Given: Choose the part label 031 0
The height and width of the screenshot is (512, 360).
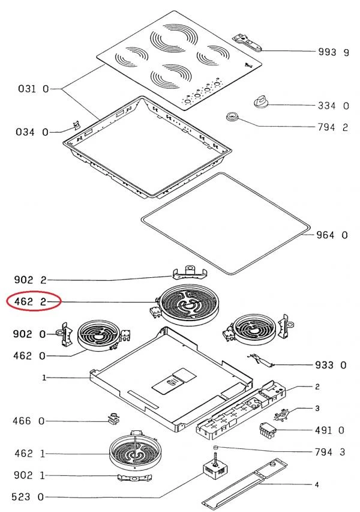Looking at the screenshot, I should pyautogui.click(x=34, y=89).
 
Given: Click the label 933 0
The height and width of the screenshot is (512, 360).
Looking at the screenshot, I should pyautogui.click(x=331, y=365).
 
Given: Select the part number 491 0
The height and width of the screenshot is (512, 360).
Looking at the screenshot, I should pyautogui.click(x=329, y=430).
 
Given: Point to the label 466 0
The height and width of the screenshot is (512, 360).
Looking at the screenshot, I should pyautogui.click(x=29, y=421).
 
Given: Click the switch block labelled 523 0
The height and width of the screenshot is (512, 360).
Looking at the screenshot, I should pyautogui.click(x=214, y=468).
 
